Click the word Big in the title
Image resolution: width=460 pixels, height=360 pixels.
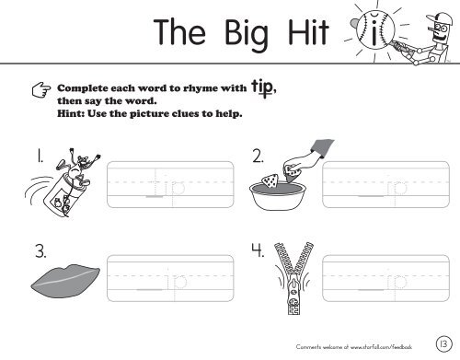(230, 37)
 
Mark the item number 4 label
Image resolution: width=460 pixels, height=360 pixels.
(259, 250)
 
